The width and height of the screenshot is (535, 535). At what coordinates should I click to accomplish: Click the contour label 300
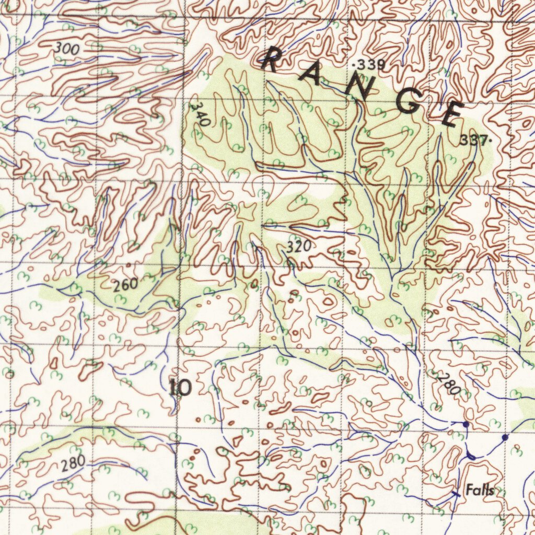[x=66, y=49]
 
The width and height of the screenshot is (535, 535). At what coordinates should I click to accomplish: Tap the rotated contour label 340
[x=200, y=114]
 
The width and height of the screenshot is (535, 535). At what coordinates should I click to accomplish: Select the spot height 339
[x=370, y=65]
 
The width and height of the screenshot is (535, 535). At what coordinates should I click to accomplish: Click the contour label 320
[x=299, y=247]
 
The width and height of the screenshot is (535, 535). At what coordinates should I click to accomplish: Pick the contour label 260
[x=125, y=285]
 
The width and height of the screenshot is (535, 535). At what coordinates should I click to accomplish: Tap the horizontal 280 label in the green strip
[x=73, y=463]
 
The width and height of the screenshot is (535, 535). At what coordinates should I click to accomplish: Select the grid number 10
[x=181, y=388]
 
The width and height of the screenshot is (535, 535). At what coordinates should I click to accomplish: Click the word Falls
[x=480, y=490]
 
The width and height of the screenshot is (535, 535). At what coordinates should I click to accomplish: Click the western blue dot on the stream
[x=466, y=425]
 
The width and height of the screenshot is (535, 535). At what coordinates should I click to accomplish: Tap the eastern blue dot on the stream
[x=505, y=437]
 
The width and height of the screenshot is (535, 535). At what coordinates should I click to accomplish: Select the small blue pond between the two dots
[x=471, y=457]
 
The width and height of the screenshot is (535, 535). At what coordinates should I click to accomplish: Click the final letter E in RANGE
[x=452, y=114]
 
